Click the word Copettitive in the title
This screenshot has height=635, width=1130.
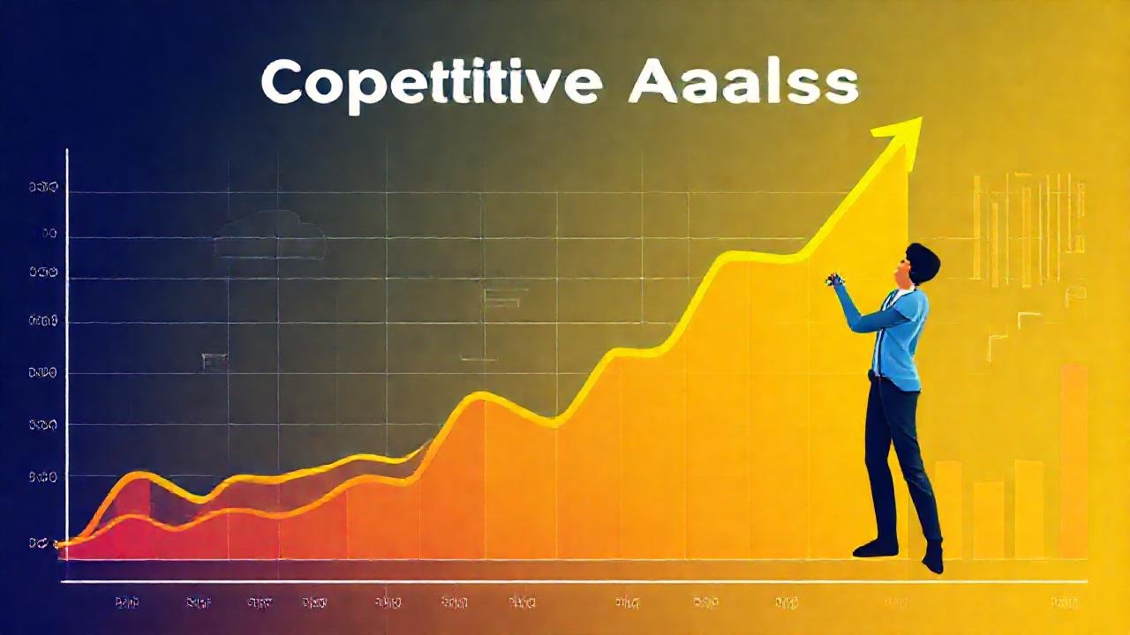[432, 84]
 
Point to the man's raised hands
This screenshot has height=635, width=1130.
[835, 280]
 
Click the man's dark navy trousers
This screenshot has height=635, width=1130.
[896, 459]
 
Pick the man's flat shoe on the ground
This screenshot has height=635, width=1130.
[875, 548]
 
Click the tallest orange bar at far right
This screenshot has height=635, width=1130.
[1073, 459]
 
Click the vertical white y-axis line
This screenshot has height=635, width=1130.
[67, 353]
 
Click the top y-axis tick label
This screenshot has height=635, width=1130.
[42, 187]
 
